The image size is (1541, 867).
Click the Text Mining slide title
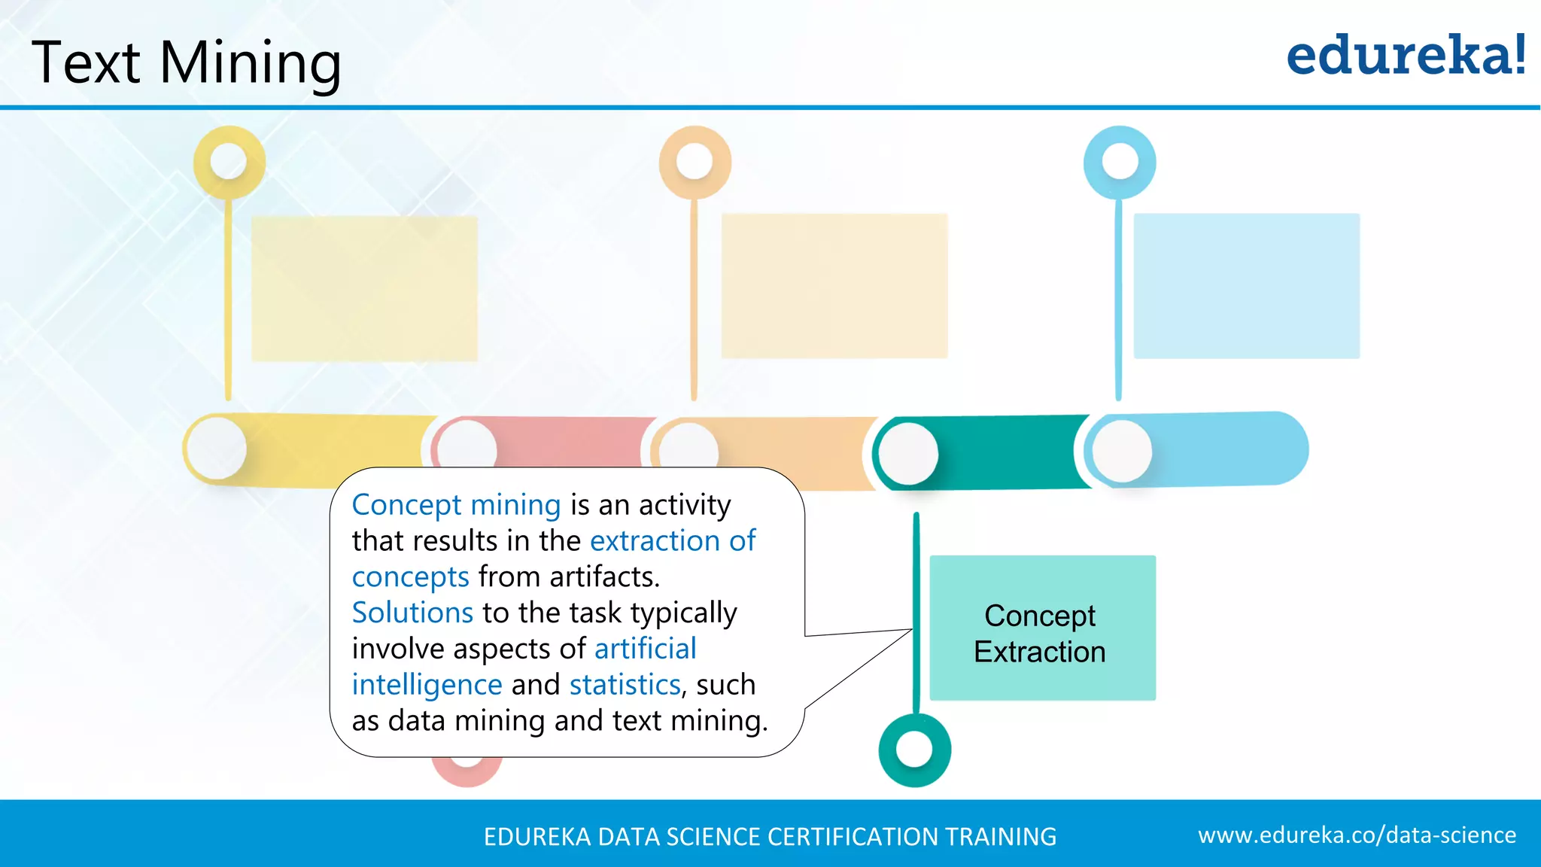[187, 62]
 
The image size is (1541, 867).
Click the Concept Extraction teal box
[1042, 628]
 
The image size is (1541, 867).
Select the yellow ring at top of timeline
[229, 162]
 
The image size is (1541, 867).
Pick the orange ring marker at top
[695, 162]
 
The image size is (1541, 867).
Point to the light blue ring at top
[1120, 162]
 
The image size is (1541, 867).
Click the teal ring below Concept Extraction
[914, 750]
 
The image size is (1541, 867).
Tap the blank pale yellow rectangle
[364, 288]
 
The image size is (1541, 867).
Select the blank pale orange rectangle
[834, 286]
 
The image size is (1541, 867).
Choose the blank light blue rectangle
[1246, 286]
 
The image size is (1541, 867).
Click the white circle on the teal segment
[908, 453]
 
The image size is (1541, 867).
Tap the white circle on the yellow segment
[217, 449]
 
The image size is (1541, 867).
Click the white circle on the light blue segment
[1122, 451]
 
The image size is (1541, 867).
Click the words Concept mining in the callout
[456, 505]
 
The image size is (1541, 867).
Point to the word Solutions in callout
[412, 613]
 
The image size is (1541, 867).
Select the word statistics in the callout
[625, 685]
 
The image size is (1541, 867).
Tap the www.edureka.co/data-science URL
[1357, 835]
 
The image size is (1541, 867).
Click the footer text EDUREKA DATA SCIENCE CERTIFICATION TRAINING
[770, 837]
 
